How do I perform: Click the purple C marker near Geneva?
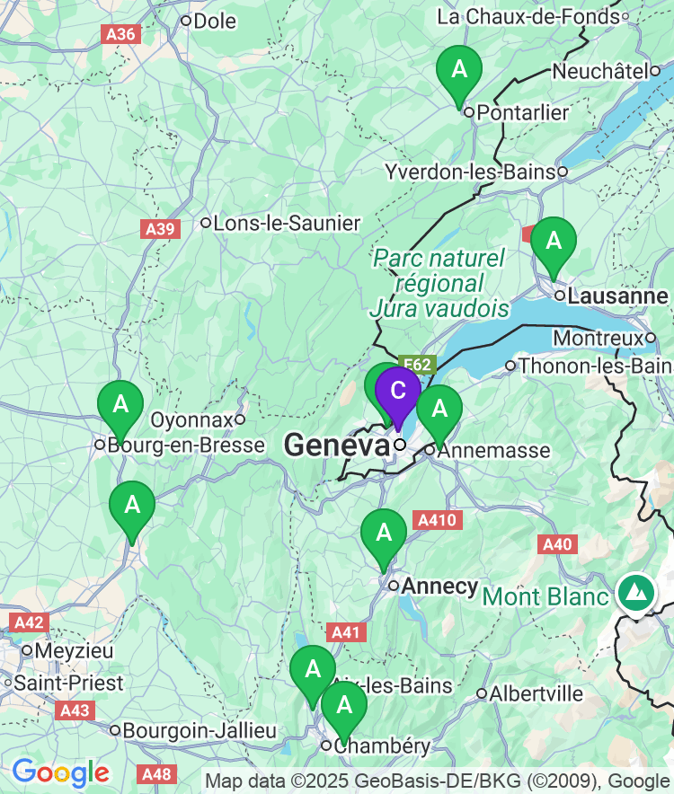click(397, 392)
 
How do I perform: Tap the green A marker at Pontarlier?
click(459, 70)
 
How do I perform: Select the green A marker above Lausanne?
click(554, 242)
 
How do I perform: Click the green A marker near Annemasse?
click(439, 410)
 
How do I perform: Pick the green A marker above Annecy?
click(384, 534)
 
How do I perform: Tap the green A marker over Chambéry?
click(343, 706)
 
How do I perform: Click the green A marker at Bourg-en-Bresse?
click(120, 405)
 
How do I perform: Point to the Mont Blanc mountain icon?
click(637, 593)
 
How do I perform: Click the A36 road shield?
click(121, 34)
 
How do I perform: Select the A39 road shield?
click(160, 230)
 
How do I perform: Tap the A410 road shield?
click(438, 520)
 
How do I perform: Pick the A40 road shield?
click(557, 544)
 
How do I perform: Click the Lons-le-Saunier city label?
click(286, 223)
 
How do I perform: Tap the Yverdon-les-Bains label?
click(469, 172)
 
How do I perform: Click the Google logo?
click(60, 772)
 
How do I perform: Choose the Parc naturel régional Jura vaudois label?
click(439, 284)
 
